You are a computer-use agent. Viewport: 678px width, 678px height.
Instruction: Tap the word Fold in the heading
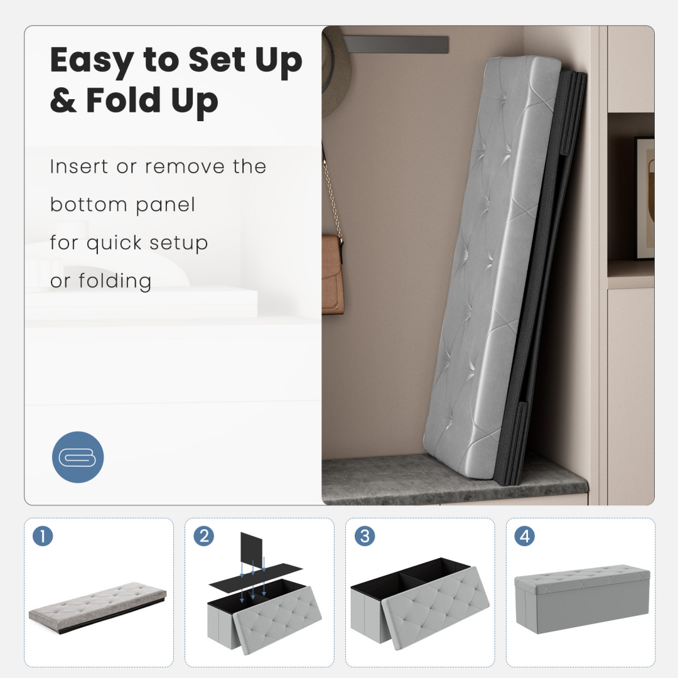pyautogui.click(x=124, y=100)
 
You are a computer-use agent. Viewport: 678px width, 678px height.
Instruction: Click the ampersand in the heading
pyautogui.click(x=63, y=100)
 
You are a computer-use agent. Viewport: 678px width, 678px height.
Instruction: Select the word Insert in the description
pyautogui.click(x=78, y=166)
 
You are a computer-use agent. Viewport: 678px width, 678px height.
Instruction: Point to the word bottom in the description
pyautogui.click(x=89, y=205)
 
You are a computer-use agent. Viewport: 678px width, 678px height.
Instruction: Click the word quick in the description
pyautogui.click(x=114, y=244)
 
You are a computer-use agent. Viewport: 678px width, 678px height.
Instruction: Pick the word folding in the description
pyautogui.click(x=115, y=281)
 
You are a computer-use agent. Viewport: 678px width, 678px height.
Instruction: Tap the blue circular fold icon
pyautogui.click(x=78, y=457)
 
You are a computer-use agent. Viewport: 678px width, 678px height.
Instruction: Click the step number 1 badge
pyautogui.click(x=43, y=536)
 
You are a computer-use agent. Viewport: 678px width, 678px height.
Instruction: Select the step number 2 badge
pyautogui.click(x=203, y=536)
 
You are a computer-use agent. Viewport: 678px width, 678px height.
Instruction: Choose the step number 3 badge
pyautogui.click(x=365, y=536)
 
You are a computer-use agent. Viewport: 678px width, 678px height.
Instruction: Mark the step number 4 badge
pyautogui.click(x=524, y=536)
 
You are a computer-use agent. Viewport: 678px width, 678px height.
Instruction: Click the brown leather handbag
pyautogui.click(x=333, y=274)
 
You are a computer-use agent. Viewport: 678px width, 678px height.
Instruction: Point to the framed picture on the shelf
pyautogui.click(x=644, y=198)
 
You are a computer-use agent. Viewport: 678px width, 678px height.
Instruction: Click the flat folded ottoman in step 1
pyautogui.click(x=98, y=607)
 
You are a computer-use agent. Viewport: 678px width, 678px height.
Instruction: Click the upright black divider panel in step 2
pyautogui.click(x=251, y=550)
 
